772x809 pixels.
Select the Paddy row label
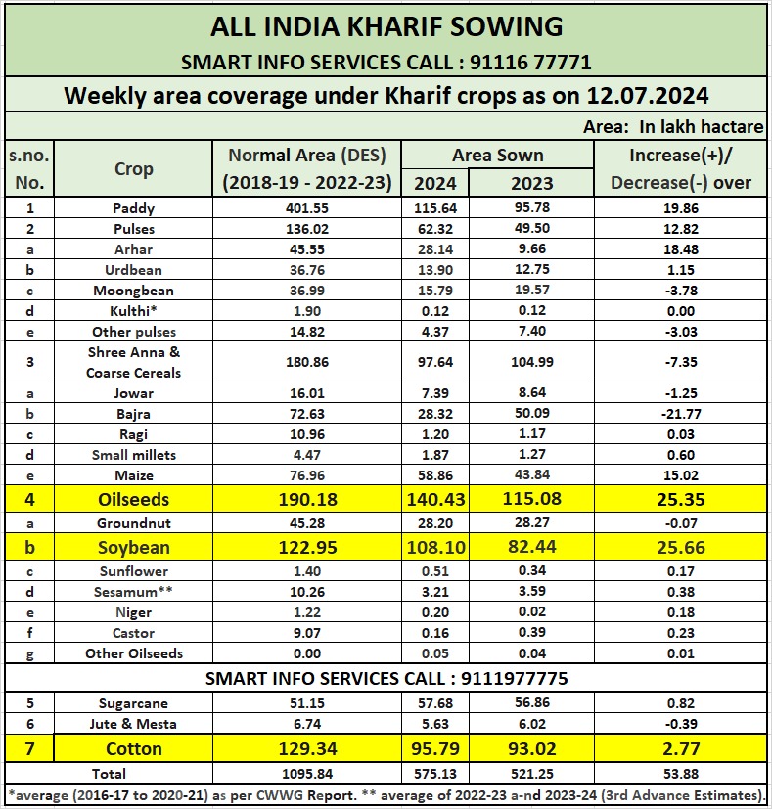pyautogui.click(x=133, y=208)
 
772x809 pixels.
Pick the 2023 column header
pyautogui.click(x=531, y=183)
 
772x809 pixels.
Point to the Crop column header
pyautogui.click(x=133, y=168)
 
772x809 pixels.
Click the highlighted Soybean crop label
pyautogui.click(x=133, y=546)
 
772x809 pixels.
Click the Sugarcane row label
pyautogui.click(x=133, y=703)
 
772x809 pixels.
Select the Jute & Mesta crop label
pyautogui.click(x=133, y=724)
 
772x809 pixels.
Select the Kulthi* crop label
pyautogui.click(x=133, y=311)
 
